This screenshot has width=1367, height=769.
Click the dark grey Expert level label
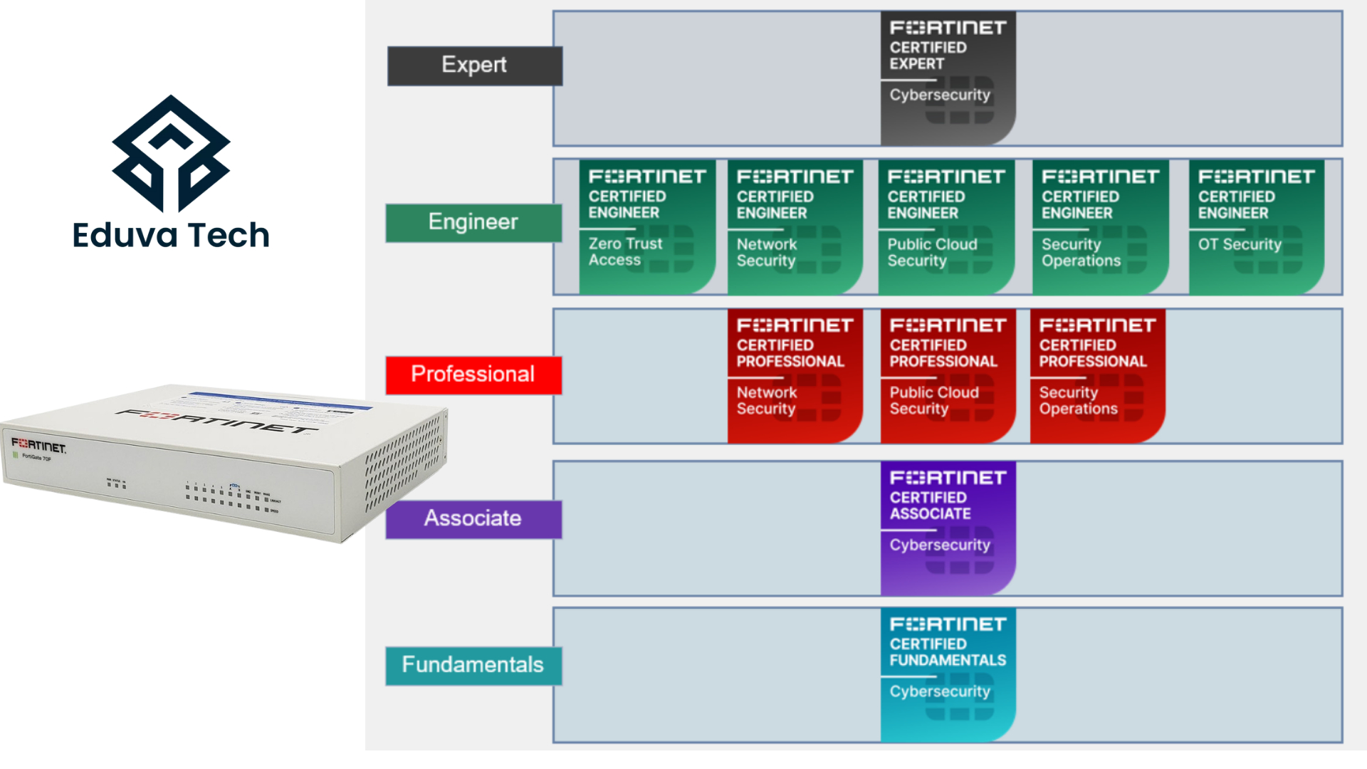pos(474,66)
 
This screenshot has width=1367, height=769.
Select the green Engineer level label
pos(473,223)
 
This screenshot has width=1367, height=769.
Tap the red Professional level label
pos(473,375)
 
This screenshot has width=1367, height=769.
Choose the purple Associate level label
pos(473,519)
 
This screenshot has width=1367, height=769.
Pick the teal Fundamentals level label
pos(473,666)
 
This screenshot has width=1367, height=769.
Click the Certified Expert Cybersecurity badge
pos(948,78)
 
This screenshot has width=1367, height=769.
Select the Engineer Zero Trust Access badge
pos(646,226)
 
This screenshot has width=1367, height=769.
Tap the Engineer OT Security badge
pos(1256,226)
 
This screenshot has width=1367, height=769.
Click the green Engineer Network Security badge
pos(795,226)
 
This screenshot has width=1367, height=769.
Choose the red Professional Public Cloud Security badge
pos(948,375)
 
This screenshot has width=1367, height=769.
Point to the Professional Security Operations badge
pos(1097,375)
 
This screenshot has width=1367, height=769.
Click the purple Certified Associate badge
pos(948,528)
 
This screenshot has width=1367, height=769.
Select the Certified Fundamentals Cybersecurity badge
pos(948,674)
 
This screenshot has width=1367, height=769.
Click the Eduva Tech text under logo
pos(171,236)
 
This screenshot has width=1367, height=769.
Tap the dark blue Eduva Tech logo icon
pos(171,153)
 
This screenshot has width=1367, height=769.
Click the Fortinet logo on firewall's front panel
pos(38,446)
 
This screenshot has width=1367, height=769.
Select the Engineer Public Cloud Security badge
pos(946,226)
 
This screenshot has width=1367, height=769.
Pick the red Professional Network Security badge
pos(795,375)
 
